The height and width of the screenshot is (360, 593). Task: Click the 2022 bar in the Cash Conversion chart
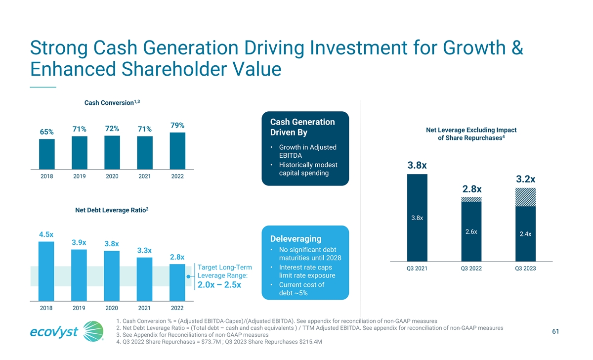tap(177, 151)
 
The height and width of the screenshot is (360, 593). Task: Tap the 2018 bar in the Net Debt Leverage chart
tap(46, 271)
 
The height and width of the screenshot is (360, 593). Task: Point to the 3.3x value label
tap(144, 250)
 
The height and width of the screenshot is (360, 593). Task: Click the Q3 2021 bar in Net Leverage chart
tap(417, 218)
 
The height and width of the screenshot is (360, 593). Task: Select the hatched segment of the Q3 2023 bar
tap(525, 197)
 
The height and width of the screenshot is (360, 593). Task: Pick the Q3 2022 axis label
tap(471, 268)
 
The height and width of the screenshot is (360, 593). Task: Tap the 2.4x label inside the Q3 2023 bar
tap(525, 234)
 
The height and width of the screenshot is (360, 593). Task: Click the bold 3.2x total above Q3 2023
tap(525, 179)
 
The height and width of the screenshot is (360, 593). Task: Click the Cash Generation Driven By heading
tap(302, 127)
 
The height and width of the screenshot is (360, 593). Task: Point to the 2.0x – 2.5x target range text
tap(219, 285)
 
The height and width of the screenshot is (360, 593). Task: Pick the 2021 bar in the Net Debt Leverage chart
tap(144, 279)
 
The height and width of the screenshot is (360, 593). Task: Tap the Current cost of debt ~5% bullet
tap(301, 289)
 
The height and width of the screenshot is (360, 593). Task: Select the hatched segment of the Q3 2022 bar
tap(471, 199)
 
